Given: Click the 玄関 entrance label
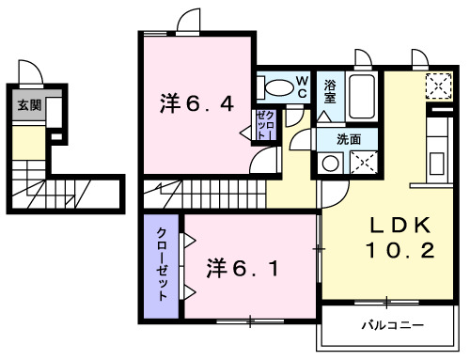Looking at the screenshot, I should (28, 104).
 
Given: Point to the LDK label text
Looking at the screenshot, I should (399, 226).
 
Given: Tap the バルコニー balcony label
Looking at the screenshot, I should (392, 326).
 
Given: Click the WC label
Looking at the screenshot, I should (303, 87).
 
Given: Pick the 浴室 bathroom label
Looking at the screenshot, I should (331, 91).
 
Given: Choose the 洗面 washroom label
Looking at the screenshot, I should (350, 138).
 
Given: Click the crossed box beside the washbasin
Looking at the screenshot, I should (363, 162).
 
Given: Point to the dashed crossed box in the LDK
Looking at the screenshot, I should (438, 86).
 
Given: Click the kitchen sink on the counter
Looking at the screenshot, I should (439, 150).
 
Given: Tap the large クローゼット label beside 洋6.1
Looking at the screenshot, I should (162, 264).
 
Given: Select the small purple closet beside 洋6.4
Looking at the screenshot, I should (265, 125).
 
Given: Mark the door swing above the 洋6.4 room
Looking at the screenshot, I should (190, 22).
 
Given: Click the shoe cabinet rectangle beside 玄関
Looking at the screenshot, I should (55, 113).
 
